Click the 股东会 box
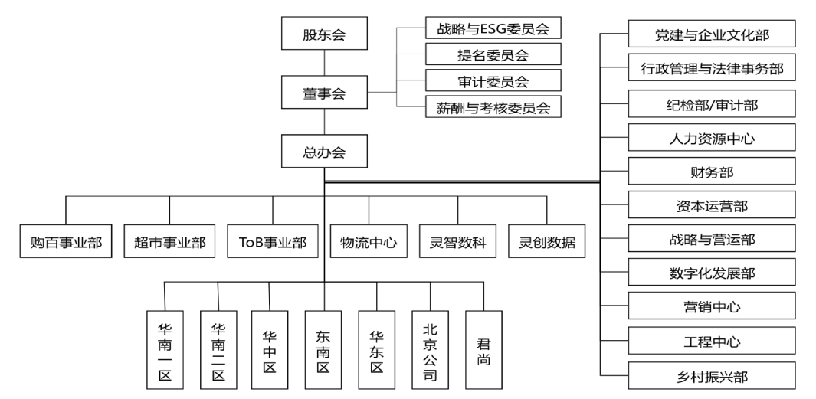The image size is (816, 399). tap(323, 35)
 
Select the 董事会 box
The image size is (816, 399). tap(323, 93)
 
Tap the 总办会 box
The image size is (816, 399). tap(323, 152)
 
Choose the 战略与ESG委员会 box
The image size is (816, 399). tap(493, 30)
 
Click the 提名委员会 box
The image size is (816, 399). tap(493, 55)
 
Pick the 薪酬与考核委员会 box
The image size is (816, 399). tap(493, 106)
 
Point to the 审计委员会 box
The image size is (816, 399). tap(493, 80)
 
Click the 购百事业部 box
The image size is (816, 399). tap(66, 243)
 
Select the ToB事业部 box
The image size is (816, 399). tap(272, 243)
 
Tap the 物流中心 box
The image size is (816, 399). tap(369, 243)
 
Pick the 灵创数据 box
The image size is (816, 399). tap(547, 243)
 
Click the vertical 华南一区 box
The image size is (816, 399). tap(165, 351)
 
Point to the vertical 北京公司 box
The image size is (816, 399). tap(431, 351)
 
